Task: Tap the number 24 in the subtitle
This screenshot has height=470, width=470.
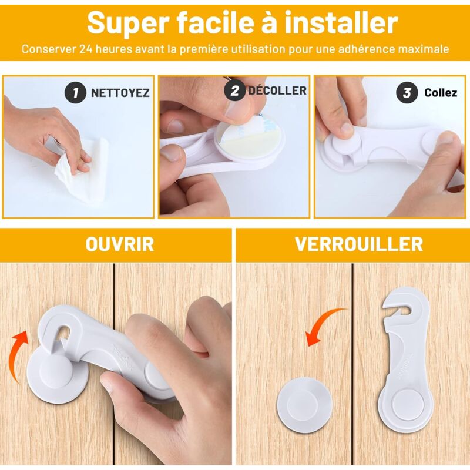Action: pos(86,49)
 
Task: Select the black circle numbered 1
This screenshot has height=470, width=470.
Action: pos(75,93)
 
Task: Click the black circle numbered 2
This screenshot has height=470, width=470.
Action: pos(234,90)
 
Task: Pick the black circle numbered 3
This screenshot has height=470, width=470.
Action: pos(407,93)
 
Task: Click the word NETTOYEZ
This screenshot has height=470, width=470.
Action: pos(120,93)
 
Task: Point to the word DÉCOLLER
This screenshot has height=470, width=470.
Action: pos(277,90)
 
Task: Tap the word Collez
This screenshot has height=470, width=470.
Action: pos(441,93)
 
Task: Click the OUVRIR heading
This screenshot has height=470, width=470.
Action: pos(120,244)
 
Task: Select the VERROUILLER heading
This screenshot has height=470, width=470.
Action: pos(359,244)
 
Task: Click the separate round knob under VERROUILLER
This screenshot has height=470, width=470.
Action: pos(304,405)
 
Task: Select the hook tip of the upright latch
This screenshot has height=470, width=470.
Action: pos(385,305)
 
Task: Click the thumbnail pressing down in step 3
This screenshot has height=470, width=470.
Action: pos(347,128)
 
